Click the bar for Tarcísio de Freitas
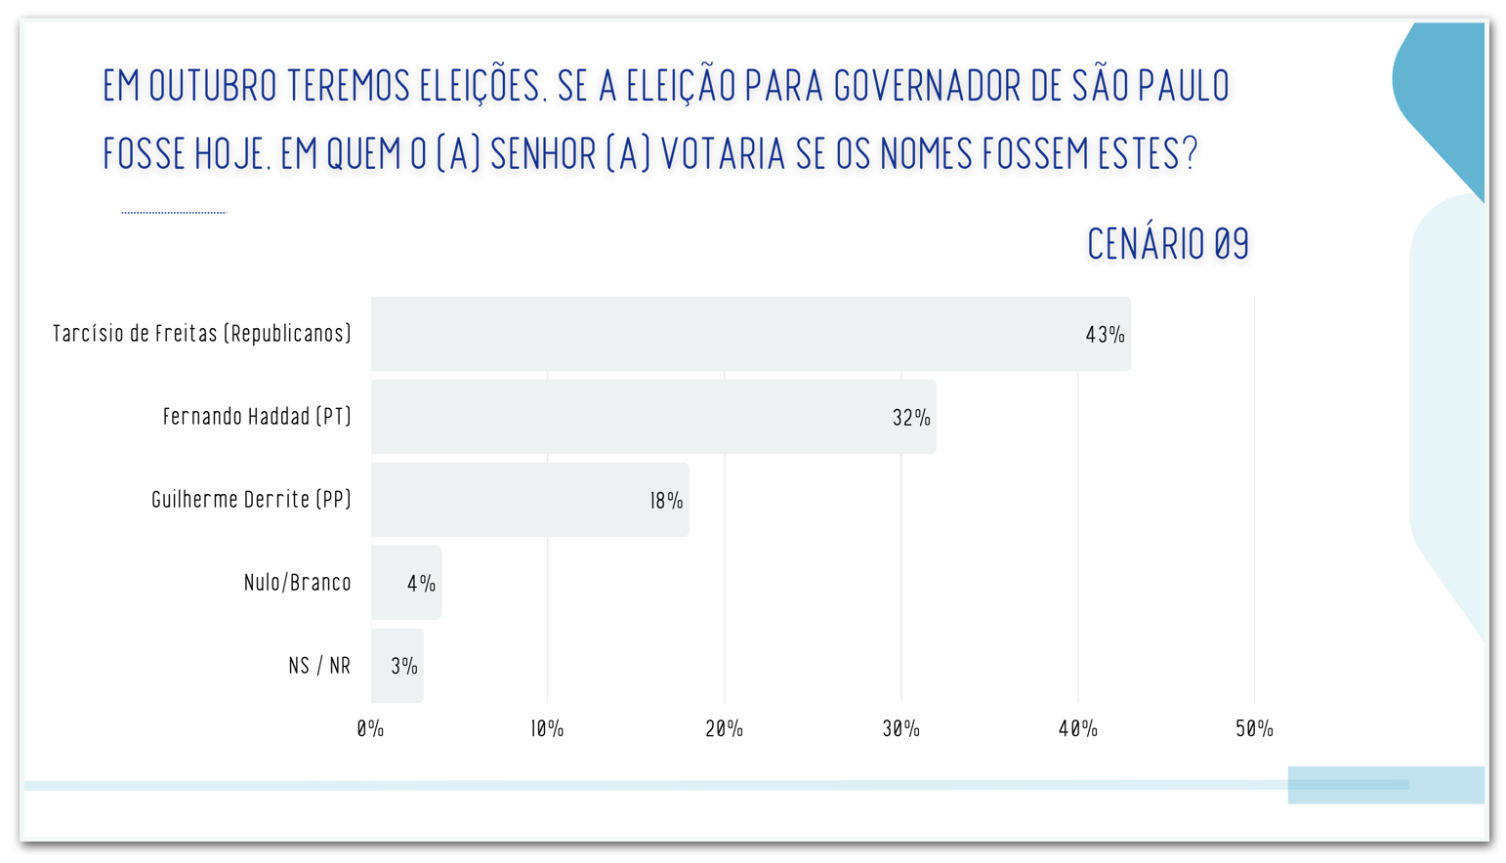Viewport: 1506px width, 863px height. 750,334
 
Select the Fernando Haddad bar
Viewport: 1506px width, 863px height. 652,417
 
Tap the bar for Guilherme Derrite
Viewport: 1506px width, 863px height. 529,500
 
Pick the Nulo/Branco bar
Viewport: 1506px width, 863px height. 405,583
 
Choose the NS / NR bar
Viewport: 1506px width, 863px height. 397,666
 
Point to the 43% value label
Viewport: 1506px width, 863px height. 1105,335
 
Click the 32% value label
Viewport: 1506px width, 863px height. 911,418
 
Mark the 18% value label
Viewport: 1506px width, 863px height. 667,501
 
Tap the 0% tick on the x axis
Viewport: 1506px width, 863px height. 370,728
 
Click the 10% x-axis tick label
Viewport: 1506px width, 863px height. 547,728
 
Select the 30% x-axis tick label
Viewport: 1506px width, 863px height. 900,728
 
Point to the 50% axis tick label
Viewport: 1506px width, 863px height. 1254,728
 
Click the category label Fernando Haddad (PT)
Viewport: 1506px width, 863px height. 257,417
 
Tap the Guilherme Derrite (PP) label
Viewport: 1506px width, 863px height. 251,500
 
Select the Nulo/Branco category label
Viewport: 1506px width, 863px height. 297,583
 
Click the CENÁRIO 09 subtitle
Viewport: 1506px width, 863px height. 1168,244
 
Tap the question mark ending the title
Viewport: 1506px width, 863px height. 1190,154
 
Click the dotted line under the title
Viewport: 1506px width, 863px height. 174,212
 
